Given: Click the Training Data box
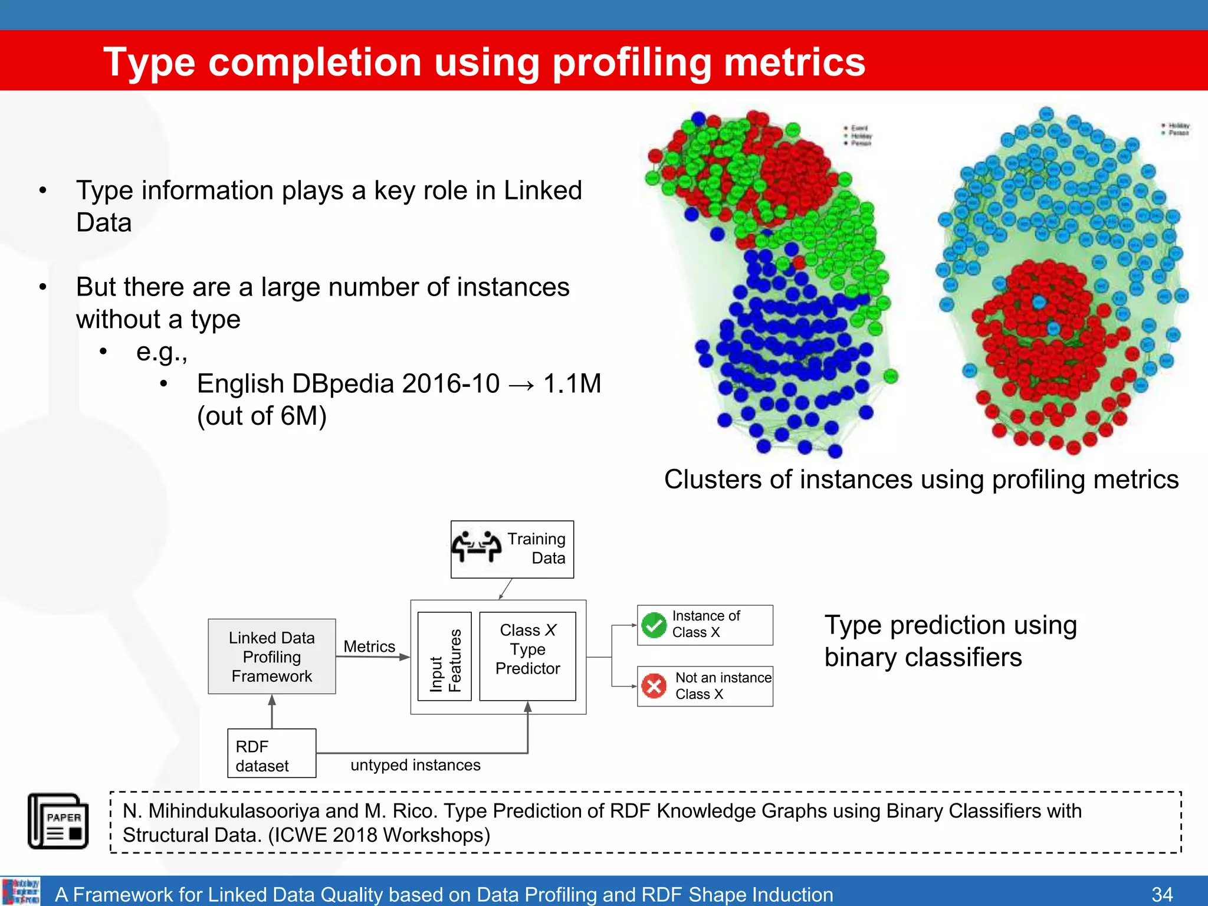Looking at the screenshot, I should click(512, 549).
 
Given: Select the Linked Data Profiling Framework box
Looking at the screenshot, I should click(272, 656).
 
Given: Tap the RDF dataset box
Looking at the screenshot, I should click(272, 754).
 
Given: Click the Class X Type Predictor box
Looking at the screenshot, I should click(527, 655).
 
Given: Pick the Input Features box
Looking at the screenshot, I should click(445, 656).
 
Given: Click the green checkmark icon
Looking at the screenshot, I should click(654, 625).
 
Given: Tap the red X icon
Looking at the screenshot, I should click(654, 686).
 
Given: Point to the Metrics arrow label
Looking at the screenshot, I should click(369, 646).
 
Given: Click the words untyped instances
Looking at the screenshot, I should click(415, 765).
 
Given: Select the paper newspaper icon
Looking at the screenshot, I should click(58, 820).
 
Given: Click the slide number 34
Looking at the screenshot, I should click(1162, 894).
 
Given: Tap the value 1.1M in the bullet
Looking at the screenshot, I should click(572, 384).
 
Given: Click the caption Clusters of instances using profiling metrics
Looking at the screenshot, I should click(921, 480).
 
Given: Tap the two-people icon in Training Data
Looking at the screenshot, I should click(477, 546).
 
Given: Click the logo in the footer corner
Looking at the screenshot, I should click(21, 891).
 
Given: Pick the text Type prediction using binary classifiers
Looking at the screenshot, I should click(950, 641).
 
